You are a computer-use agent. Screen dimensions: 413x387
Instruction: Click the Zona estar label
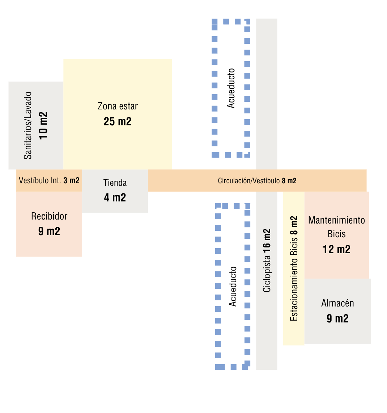118,106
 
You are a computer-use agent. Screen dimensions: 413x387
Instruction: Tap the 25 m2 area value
118,122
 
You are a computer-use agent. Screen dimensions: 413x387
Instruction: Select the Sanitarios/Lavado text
28,125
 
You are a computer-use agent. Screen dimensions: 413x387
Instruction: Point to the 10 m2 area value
43,125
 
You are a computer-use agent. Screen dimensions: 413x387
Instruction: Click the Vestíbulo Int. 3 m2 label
49,180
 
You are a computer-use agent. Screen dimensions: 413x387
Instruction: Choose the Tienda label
115,183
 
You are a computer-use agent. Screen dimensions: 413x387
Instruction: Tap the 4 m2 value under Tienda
115,198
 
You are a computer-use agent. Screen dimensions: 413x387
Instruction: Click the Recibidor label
49,216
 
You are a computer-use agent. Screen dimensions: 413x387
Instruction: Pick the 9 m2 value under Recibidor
49,231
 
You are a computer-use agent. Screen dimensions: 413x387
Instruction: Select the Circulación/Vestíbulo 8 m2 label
257,181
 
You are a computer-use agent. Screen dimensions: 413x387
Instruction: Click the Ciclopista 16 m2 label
267,260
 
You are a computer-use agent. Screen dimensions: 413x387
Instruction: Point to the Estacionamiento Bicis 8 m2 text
294,268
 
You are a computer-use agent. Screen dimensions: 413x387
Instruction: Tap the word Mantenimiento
336,220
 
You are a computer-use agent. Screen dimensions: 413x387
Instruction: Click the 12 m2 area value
336,250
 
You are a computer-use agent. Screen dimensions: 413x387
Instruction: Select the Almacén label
337,303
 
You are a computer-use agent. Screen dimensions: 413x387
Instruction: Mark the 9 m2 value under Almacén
337,319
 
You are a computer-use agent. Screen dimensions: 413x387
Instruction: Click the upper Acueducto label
231,88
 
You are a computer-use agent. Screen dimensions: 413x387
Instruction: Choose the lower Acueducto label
233,287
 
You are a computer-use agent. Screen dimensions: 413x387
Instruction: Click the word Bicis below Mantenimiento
336,234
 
